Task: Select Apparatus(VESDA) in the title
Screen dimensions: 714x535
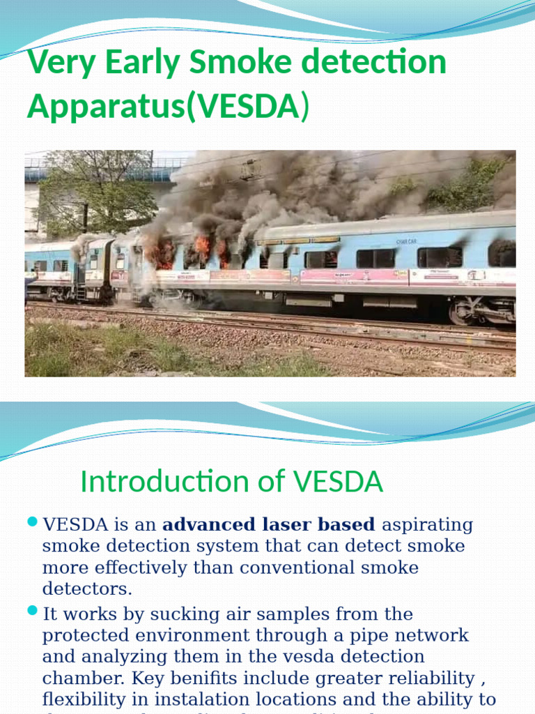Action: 167,107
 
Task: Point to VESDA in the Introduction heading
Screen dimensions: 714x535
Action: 338,481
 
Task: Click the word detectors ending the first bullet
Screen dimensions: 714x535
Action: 86,588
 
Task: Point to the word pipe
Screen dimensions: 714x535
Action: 370,636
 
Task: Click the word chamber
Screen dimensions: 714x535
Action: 77,678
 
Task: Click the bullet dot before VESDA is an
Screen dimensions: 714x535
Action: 31,522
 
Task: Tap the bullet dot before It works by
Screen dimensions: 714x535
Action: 31,612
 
